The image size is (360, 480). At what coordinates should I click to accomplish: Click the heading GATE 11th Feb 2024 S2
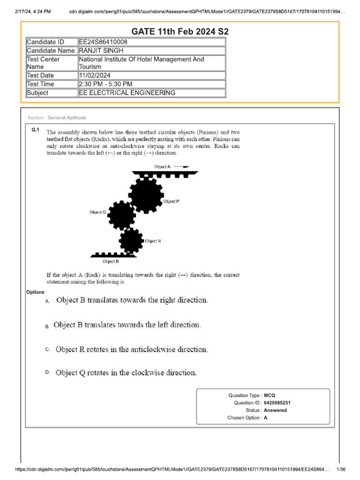tap(180, 32)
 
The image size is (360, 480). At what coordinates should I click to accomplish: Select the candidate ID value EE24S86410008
tap(103, 42)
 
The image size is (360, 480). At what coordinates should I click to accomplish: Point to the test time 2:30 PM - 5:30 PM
tap(105, 84)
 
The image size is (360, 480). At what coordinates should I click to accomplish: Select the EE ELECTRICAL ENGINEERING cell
tap(127, 93)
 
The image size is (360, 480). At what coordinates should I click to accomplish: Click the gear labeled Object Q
tap(121, 215)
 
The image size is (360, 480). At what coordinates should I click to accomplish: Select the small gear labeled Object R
tap(131, 240)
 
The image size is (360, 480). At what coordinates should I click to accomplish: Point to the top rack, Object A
tap(165, 173)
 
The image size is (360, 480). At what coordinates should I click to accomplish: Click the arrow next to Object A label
tap(182, 166)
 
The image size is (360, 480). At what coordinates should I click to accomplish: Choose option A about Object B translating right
tap(132, 300)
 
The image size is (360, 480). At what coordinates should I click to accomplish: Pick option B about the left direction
tap(127, 325)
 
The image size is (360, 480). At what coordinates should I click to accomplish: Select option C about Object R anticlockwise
tap(132, 349)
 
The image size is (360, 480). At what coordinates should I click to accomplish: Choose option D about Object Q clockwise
tap(126, 373)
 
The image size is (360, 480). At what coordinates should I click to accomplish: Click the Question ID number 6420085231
tap(280, 403)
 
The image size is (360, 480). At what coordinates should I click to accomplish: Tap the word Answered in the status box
tap(276, 410)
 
